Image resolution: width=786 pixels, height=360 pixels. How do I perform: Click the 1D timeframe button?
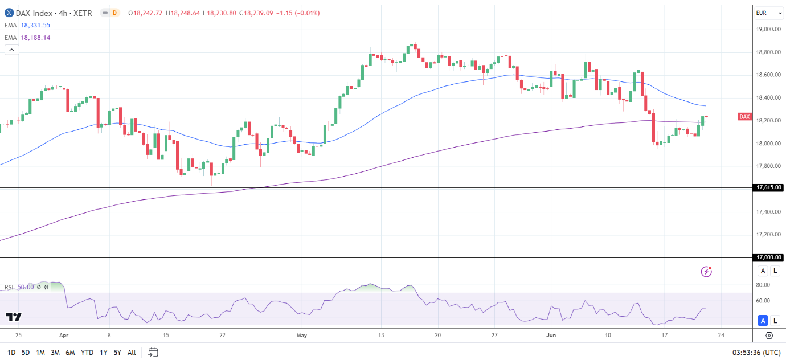pos(11,353)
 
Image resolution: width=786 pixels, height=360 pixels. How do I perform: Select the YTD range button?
pos(87,353)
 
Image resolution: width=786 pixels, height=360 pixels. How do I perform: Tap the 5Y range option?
pos(117,353)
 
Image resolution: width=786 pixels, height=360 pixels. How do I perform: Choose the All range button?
pos(132,353)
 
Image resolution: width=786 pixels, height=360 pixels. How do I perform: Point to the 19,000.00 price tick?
pos(768,30)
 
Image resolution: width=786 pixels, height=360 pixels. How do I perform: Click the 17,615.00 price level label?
pos(768,187)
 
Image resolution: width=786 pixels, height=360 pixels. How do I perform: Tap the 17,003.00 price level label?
pos(768,257)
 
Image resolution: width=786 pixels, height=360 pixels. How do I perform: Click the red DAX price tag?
pos(744,117)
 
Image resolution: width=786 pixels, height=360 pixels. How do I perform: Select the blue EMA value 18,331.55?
pos(35,26)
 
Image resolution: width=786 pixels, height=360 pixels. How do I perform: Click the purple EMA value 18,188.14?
pos(35,38)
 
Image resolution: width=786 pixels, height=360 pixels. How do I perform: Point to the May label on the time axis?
pos(302,335)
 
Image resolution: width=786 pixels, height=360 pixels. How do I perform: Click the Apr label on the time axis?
pos(64,335)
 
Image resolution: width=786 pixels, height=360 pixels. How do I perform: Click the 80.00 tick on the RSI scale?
pos(763,284)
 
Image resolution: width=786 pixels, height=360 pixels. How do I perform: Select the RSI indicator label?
pos(10,288)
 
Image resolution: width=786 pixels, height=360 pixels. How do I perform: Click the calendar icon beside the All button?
pos(153,352)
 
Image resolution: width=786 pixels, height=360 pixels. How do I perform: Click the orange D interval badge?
pos(114,13)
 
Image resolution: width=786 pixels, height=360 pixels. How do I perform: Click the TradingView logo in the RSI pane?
pos(14,317)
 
